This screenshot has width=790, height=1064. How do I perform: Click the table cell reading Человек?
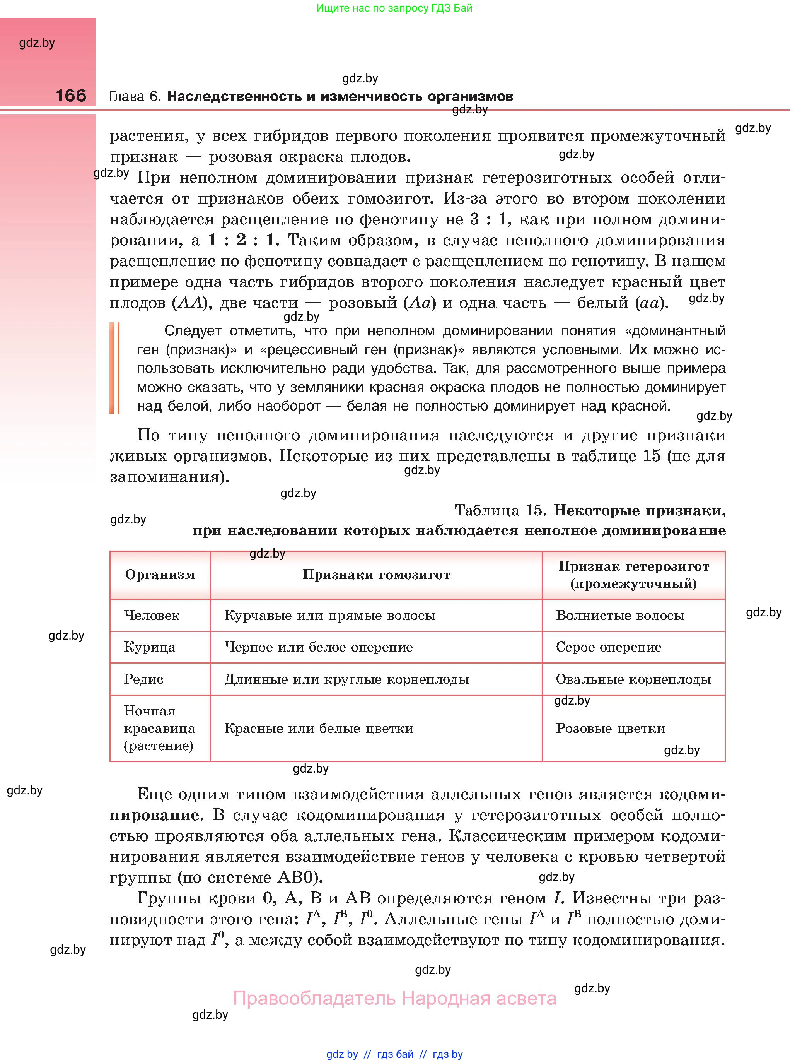(x=152, y=615)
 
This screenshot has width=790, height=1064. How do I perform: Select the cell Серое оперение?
(x=608, y=647)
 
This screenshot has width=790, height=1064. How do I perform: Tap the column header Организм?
(x=160, y=575)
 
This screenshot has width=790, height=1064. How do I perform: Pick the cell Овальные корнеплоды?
(x=633, y=679)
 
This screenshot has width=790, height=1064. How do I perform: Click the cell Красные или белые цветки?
(x=319, y=728)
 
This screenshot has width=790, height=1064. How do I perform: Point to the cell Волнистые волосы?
(x=620, y=615)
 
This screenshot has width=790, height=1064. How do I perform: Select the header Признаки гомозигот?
(x=376, y=575)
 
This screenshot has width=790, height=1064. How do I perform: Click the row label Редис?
(x=143, y=679)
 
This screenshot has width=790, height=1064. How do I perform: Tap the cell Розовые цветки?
(x=610, y=728)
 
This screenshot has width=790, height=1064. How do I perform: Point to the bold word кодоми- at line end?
(x=692, y=795)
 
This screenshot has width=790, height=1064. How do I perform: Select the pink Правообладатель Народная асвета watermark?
(x=394, y=999)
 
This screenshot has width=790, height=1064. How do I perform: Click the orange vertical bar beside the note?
(x=114, y=368)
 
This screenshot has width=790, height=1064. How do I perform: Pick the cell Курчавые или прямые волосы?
(x=330, y=615)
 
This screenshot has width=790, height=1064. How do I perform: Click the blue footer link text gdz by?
(x=342, y=1054)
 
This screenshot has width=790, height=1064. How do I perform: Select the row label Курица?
(x=149, y=647)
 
